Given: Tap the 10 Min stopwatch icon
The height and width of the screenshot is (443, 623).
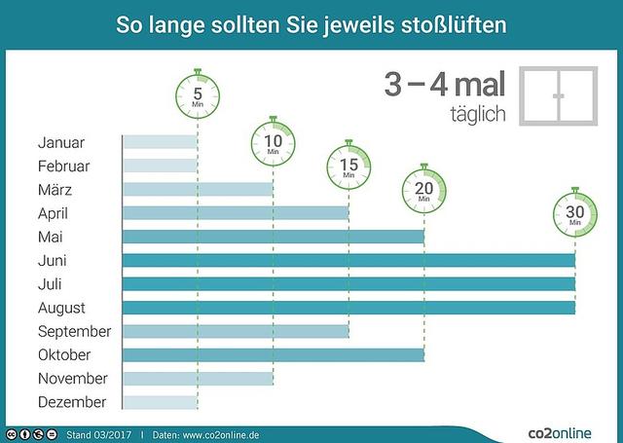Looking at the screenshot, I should coord(274,142).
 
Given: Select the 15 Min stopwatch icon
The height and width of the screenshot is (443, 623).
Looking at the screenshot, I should coord(348,166).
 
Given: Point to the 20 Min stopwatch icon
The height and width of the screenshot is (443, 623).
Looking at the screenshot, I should coord(424,189).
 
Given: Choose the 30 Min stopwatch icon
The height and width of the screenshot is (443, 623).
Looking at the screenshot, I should coord(575,213).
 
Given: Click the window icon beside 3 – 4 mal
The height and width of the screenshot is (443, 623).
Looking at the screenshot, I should coord(557,96).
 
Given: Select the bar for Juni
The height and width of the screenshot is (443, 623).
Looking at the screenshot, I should coord(348,260).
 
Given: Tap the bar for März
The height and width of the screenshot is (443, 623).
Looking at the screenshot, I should coord(198,189).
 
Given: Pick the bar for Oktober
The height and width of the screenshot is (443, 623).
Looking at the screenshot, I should coord(274,354).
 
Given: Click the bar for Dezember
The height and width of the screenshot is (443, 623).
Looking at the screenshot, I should coord(160,402).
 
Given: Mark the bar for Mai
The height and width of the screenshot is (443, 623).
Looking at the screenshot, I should coord(274,237).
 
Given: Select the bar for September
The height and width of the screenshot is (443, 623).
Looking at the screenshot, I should coord(236,331).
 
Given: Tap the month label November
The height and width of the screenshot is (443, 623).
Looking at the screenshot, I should coord(73,379).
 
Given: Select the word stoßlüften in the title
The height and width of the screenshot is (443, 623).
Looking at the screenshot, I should coord(458,22).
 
